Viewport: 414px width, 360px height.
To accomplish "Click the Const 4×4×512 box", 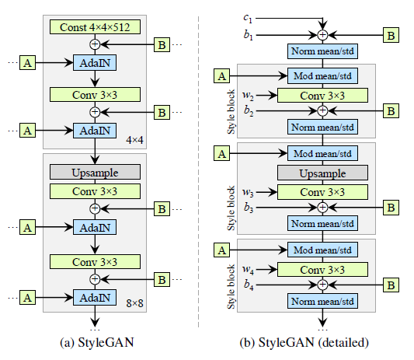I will point(95,27).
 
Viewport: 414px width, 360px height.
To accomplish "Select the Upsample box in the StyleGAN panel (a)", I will point(95,171).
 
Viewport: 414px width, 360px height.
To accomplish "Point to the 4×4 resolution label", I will point(134,139).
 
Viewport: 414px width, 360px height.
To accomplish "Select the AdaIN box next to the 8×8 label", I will point(95,296).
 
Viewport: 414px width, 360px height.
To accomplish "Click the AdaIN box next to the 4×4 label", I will point(95,130).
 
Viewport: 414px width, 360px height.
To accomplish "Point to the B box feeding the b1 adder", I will point(392,35).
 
